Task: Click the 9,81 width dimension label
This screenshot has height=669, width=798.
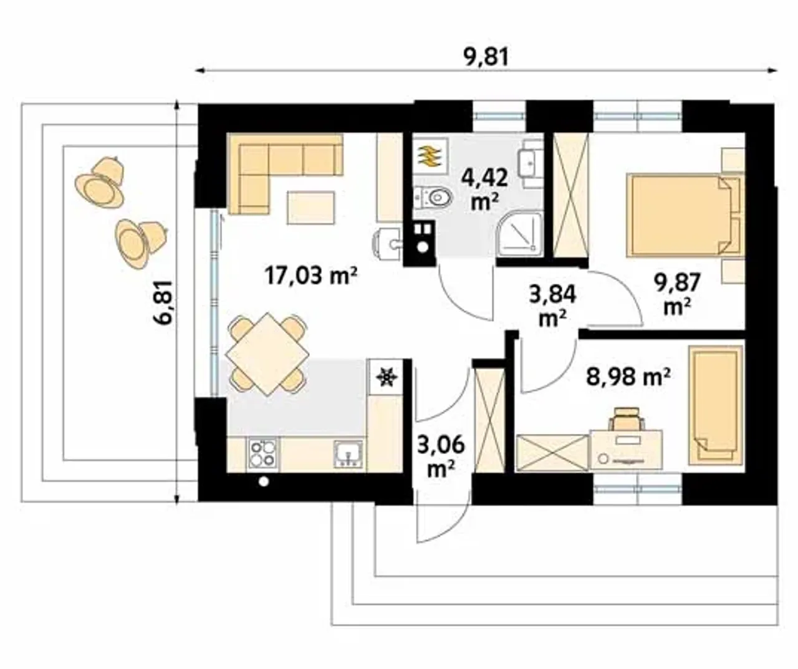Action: tap(486, 57)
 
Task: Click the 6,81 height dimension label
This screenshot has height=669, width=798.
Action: tap(165, 303)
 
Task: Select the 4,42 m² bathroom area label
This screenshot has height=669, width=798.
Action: tap(484, 190)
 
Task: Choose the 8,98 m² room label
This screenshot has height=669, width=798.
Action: tap(628, 377)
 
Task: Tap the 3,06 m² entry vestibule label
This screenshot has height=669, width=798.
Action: tap(441, 457)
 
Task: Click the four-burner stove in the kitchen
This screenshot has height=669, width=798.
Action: tap(263, 453)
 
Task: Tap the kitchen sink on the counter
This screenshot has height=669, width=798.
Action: tap(348, 454)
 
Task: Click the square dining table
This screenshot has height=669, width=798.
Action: tap(267, 354)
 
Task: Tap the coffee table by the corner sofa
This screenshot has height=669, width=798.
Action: tap(310, 208)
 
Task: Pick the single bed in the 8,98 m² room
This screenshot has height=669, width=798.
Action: tap(716, 406)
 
